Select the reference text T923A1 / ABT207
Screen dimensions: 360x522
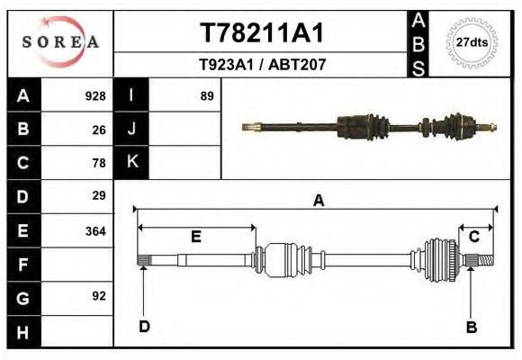tap(261, 65)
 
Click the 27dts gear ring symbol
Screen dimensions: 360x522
tap(472, 42)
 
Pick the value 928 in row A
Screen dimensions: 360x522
tap(94, 96)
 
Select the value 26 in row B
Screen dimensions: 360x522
tap(99, 130)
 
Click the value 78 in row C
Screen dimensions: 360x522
tap(99, 163)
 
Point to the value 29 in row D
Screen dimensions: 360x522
tap(99, 195)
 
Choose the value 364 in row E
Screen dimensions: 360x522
tap(94, 230)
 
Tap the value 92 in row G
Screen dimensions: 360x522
tap(99, 296)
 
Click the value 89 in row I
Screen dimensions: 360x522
tap(206, 96)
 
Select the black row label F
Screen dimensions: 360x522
tap(23, 265)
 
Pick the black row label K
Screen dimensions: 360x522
tap(131, 163)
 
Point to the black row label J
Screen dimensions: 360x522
tap(131, 130)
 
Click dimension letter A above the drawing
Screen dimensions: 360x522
tap(318, 201)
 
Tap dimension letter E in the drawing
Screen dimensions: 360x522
tap(195, 238)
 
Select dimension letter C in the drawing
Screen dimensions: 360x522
tap(473, 237)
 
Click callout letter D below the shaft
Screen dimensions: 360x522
tap(144, 326)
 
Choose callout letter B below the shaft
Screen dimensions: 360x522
tap(471, 327)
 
